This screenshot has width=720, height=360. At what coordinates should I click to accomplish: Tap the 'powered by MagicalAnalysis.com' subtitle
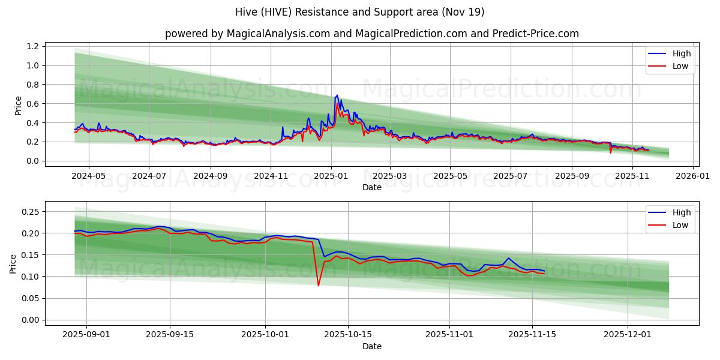(371, 34)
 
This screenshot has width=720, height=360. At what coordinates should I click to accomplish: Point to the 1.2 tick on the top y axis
(33, 46)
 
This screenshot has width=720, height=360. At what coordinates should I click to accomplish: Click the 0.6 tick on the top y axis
(33, 104)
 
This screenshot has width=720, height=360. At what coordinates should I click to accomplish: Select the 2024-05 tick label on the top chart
(89, 176)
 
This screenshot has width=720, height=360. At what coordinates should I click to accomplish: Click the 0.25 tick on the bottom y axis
(31, 212)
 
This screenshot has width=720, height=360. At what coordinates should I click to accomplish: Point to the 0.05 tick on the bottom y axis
(31, 298)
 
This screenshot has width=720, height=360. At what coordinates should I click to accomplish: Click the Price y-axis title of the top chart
(19, 106)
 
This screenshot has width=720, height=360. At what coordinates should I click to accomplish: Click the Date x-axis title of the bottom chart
(371, 346)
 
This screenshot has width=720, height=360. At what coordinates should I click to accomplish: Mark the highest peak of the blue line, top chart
(337, 95)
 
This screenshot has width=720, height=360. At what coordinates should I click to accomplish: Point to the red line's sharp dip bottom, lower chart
(318, 286)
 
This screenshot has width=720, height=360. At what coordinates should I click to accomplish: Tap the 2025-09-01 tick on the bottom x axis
(86, 335)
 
